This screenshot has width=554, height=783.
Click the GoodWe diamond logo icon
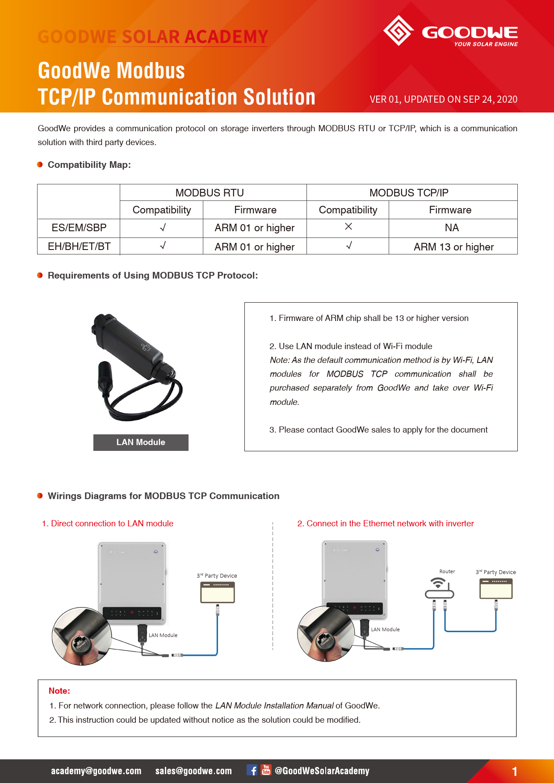click(398, 31)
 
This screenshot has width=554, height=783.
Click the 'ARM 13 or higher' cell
click(453, 247)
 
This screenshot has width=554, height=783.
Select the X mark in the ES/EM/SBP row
click(348, 227)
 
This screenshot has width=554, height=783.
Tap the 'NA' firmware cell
click(452, 228)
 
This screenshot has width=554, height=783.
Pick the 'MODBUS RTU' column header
click(210, 193)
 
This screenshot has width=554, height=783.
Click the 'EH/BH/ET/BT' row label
click(79, 246)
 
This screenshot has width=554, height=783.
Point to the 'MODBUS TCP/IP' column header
click(409, 193)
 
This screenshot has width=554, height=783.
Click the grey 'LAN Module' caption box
click(141, 442)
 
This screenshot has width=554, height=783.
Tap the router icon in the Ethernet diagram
click(439, 588)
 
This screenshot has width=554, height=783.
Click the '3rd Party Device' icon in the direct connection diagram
click(218, 592)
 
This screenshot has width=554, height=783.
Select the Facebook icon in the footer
click(252, 770)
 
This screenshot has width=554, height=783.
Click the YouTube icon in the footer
click(266, 770)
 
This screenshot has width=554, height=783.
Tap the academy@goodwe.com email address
click(96, 771)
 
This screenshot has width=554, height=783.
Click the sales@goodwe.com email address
click(193, 771)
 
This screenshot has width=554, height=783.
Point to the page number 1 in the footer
click(515, 771)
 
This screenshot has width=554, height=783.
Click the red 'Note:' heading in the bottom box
click(59, 691)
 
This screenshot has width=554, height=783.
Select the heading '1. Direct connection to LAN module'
click(108, 524)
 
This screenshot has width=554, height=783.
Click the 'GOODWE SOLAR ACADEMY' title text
click(153, 37)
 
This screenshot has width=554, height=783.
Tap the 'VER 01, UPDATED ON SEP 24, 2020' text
click(443, 99)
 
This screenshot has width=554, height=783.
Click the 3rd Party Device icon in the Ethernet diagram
click(496, 589)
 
